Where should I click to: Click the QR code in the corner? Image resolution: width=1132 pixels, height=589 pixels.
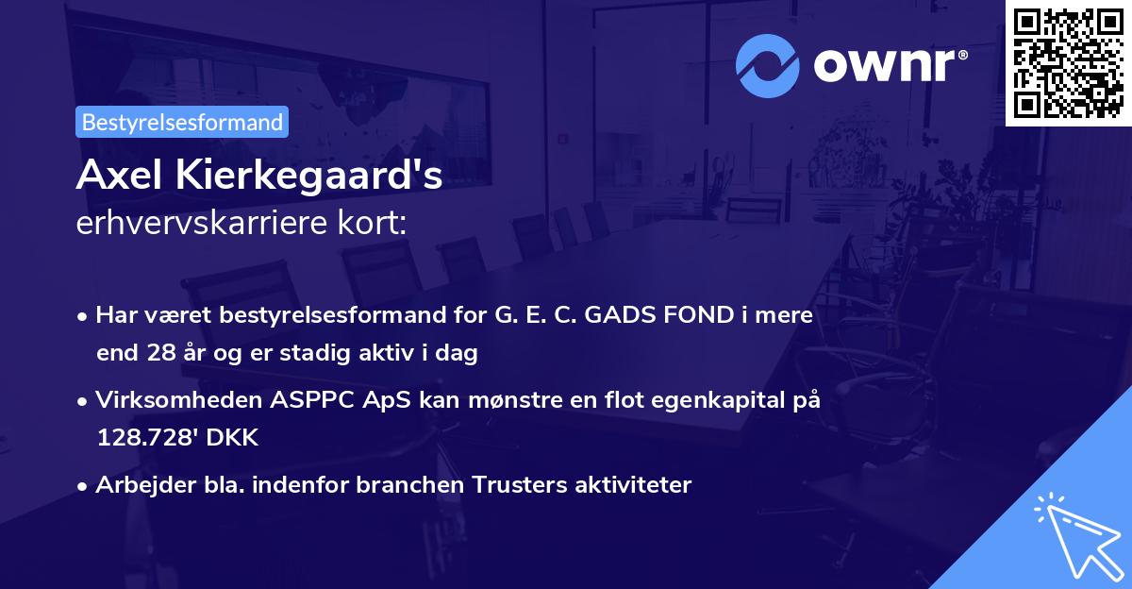pos(1069,62)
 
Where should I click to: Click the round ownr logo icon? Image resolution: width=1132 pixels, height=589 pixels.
pos(768,65)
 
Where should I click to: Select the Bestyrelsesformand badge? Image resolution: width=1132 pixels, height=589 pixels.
pos(182,122)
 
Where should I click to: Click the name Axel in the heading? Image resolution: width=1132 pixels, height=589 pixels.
pos(116,175)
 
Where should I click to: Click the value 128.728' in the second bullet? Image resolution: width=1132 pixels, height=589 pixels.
pos(148,439)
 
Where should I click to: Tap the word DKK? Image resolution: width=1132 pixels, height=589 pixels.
pos(234,439)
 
